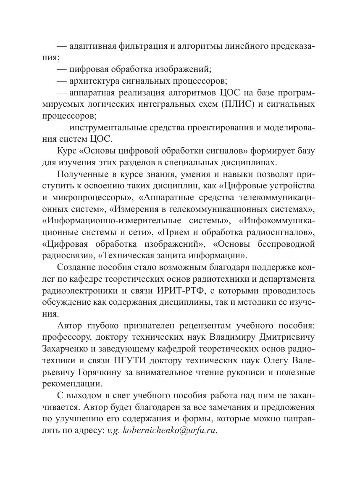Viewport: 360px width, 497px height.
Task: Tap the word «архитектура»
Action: coord(95,80)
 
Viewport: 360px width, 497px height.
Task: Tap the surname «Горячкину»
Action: coord(101,372)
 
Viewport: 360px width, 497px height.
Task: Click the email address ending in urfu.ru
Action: coord(162,431)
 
